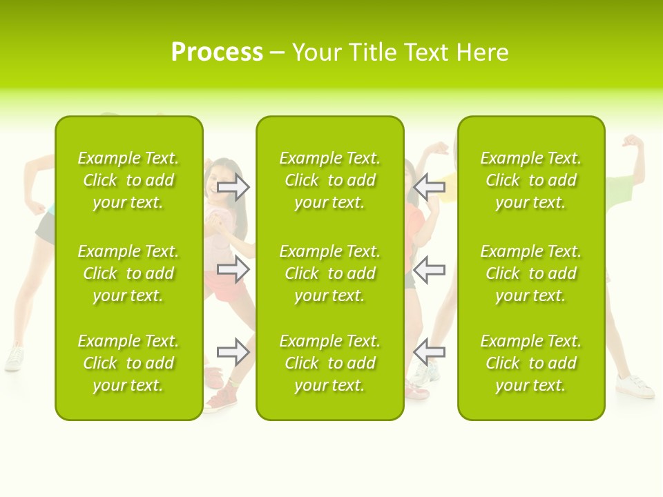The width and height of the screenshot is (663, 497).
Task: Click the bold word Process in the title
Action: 217,52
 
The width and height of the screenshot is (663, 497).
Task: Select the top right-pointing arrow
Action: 233,186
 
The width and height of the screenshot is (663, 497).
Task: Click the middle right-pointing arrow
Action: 233,269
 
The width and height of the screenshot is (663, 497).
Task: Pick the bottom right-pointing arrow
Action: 233,352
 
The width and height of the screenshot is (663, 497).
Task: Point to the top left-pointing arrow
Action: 429,186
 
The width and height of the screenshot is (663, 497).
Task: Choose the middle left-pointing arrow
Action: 429,269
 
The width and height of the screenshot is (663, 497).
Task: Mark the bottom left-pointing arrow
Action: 429,352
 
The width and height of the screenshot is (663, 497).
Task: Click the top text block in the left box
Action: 128,180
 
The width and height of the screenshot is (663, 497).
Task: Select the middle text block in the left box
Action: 128,273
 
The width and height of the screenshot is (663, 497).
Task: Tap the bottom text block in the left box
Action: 128,363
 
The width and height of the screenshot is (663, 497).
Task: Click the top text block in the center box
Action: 329,180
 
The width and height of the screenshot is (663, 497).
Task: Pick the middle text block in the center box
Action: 329,273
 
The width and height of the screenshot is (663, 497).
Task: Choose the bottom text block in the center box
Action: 329,363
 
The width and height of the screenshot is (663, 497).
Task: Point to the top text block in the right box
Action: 530,180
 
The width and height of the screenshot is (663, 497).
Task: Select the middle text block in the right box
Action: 530,273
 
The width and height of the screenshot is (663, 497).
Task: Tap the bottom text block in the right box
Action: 530,363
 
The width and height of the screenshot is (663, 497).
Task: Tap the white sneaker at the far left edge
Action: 14,358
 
